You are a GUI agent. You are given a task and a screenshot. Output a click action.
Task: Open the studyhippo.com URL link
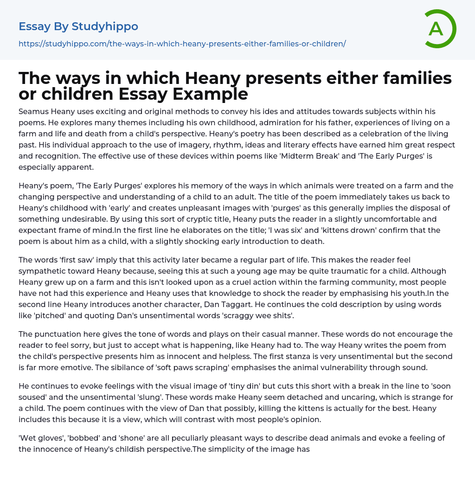(x=182, y=44)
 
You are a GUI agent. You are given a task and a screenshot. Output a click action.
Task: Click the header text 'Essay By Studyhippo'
(x=78, y=26)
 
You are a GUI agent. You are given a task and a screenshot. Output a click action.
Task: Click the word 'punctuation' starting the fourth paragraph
(x=56, y=334)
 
